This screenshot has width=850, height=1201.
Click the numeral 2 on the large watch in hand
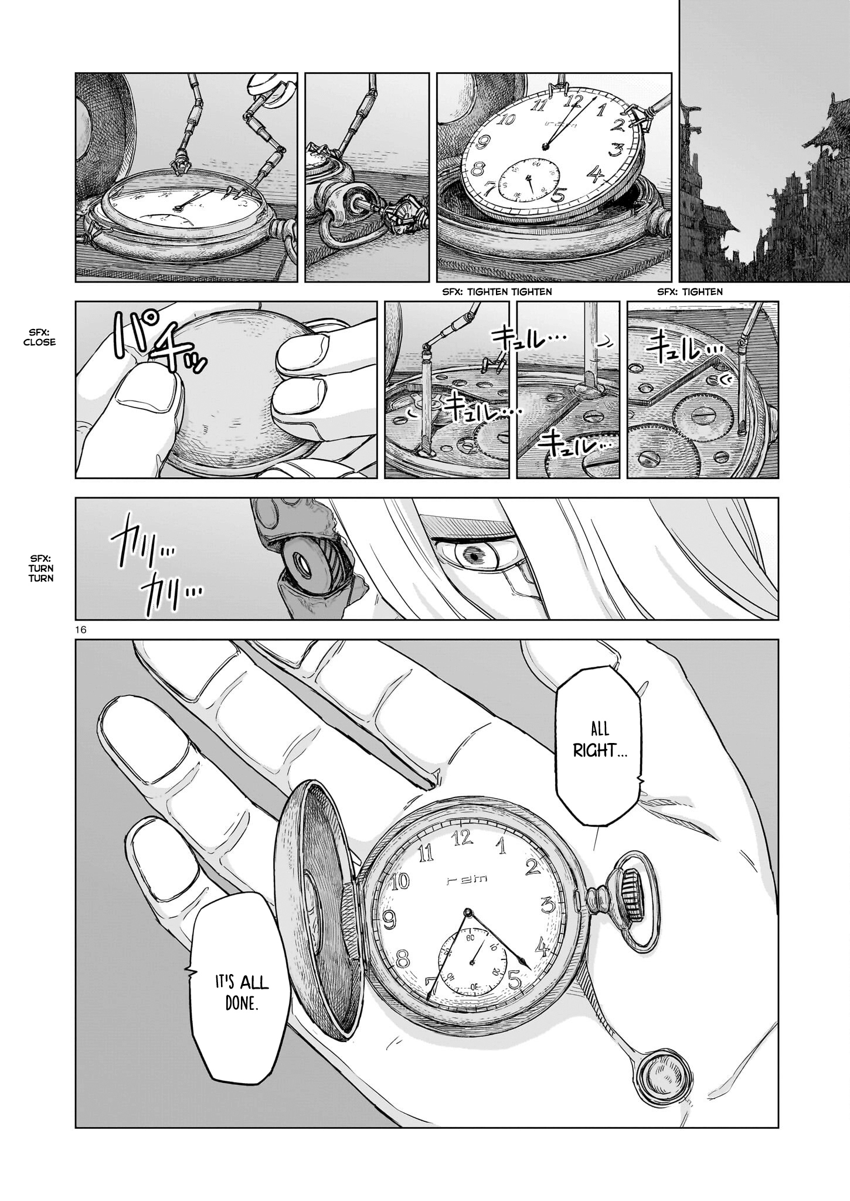(532, 866)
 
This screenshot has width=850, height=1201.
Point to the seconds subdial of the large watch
(472, 962)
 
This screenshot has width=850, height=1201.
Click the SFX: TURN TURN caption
(40, 568)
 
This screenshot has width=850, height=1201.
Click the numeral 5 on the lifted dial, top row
(557, 195)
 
